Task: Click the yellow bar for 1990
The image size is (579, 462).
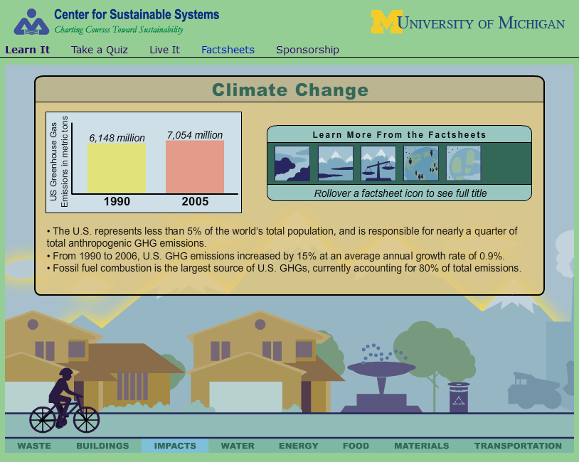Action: tap(117, 168)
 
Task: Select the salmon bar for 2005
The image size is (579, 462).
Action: tap(195, 166)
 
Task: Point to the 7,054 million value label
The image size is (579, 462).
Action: tap(195, 135)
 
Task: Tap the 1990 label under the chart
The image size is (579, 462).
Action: tap(117, 201)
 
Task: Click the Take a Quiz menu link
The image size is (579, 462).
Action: tap(100, 50)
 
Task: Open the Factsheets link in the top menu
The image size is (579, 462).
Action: tap(228, 50)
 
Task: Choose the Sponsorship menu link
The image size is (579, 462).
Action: tap(307, 50)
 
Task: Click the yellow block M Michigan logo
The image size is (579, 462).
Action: tap(387, 22)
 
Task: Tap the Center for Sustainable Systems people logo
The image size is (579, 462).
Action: tap(31, 22)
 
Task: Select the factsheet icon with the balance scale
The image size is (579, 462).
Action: tap(378, 163)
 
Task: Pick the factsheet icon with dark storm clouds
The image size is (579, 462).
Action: tap(292, 163)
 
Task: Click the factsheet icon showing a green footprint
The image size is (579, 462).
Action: tap(464, 163)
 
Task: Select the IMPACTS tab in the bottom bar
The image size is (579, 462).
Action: tap(175, 446)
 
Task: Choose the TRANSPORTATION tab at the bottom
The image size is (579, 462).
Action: tap(518, 446)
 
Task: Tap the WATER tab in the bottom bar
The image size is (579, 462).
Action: tap(238, 446)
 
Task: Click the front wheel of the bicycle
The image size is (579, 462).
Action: tap(86, 419)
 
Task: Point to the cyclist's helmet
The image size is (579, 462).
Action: tap(66, 372)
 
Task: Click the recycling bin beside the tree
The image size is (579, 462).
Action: tap(459, 397)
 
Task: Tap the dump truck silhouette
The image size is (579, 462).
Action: tap(534, 390)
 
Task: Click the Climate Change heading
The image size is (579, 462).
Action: tap(290, 90)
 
